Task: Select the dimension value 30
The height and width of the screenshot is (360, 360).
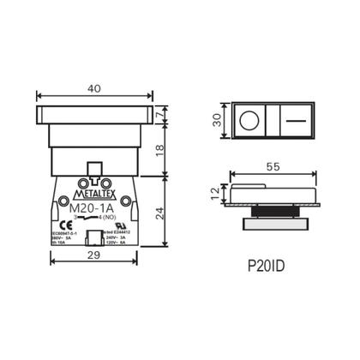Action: [x=219, y=120]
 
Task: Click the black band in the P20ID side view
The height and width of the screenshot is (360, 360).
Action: [x=273, y=214]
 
